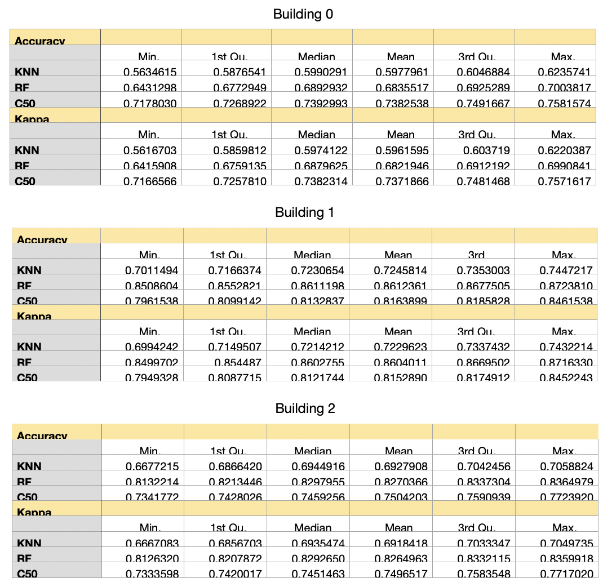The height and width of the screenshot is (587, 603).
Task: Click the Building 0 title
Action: click(303, 14)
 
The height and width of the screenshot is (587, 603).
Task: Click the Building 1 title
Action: click(304, 212)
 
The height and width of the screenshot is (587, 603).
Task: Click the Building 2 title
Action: click(305, 408)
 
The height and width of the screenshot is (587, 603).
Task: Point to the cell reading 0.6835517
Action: click(400, 88)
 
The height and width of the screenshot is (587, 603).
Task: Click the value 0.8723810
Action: click(565, 286)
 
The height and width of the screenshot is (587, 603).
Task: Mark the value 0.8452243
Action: click(565, 378)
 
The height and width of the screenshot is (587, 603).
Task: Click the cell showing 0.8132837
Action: click(317, 301)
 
